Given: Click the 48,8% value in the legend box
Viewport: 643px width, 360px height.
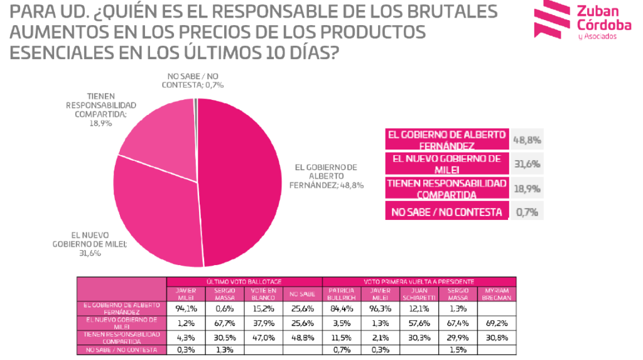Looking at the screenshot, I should click(528, 140).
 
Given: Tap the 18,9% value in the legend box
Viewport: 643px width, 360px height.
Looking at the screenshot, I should click(528, 188).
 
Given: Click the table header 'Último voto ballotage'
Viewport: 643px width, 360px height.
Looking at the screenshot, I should click(244, 282).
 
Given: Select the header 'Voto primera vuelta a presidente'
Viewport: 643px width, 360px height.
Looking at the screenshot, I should click(419, 282).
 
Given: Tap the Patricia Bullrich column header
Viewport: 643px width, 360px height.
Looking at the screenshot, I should click(341, 293).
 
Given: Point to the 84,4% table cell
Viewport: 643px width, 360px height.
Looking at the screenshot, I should click(341, 308).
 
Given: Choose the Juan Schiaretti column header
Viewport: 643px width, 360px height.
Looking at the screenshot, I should click(419, 293).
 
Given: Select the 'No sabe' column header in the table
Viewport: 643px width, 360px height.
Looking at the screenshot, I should click(302, 293).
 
